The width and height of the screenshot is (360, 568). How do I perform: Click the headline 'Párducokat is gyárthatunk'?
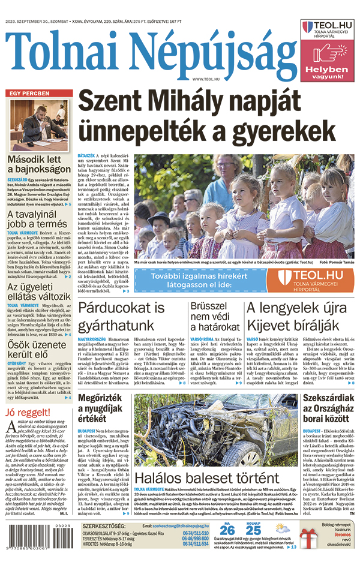click(x=121, y=317)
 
